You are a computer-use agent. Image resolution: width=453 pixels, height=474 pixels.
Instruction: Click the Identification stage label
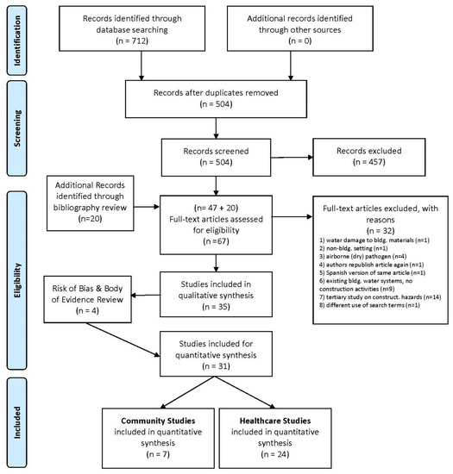point(17,41)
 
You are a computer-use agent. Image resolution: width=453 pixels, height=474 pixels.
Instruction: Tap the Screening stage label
point(17,128)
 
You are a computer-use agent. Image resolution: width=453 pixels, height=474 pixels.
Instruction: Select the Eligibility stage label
point(17,280)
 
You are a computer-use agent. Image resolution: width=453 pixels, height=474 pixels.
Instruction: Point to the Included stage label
point(17,422)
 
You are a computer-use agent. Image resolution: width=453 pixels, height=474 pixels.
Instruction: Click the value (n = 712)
point(132,41)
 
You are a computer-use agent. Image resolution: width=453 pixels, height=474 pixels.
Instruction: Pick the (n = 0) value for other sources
point(300,41)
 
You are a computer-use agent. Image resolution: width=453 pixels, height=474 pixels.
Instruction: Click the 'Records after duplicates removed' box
point(216,99)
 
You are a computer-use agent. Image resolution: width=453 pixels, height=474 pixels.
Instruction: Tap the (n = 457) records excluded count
point(369,162)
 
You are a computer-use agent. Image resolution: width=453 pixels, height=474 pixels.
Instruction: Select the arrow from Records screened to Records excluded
point(292,157)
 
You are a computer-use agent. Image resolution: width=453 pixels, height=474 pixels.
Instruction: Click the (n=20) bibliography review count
point(91,219)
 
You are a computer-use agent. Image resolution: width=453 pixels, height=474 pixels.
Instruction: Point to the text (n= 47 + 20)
point(216,208)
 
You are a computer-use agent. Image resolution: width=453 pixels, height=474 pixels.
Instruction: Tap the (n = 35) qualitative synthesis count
point(216,307)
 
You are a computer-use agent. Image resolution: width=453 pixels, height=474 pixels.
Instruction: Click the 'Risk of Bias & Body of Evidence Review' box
point(87,299)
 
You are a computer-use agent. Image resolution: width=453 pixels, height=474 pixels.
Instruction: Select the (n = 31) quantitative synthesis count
point(216,366)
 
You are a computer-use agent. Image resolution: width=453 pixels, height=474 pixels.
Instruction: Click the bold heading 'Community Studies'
point(158,421)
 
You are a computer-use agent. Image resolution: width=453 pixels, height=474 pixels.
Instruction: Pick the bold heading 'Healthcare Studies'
point(275,421)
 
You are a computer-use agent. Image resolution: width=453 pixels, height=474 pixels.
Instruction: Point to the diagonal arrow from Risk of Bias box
point(123,340)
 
